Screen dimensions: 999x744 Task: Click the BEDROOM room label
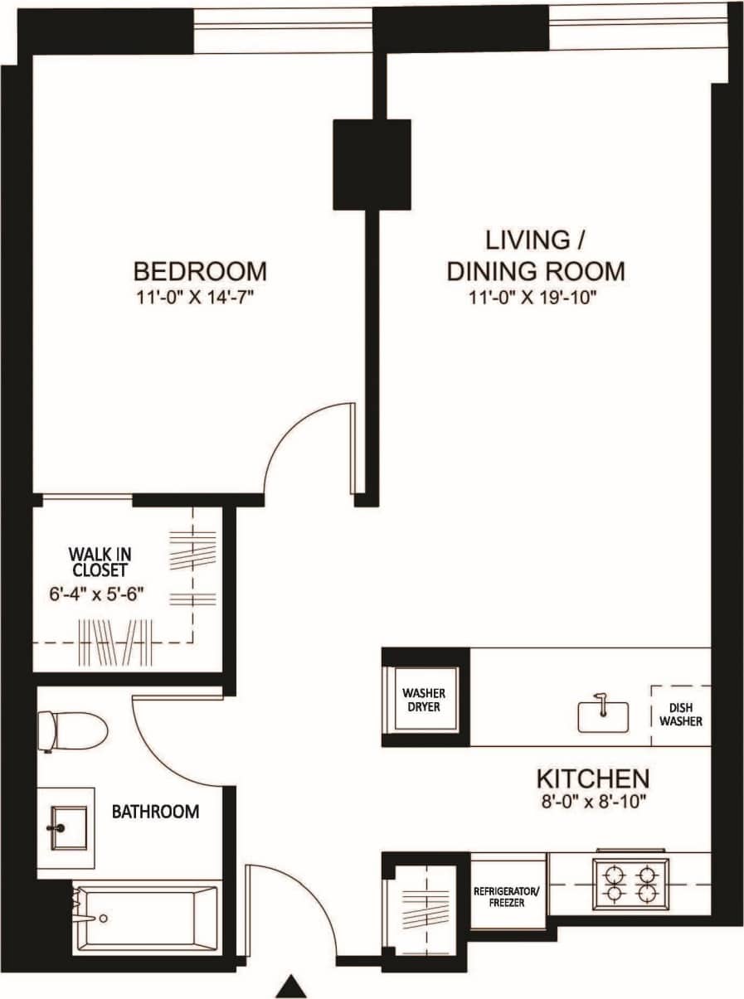201,271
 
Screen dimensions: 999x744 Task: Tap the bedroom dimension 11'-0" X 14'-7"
201,296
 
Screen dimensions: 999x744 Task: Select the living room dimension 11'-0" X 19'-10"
536,296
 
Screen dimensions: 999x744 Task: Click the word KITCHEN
592,779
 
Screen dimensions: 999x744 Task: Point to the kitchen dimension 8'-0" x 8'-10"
592,802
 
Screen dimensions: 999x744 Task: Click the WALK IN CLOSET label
99,561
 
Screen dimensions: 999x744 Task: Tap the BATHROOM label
155,811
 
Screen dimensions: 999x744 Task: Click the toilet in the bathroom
73,730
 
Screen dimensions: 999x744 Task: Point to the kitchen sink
603,715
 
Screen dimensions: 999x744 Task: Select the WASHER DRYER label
424,701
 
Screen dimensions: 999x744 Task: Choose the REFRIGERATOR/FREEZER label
507,897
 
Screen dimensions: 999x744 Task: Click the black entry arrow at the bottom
291,987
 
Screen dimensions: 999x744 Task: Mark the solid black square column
372,164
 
